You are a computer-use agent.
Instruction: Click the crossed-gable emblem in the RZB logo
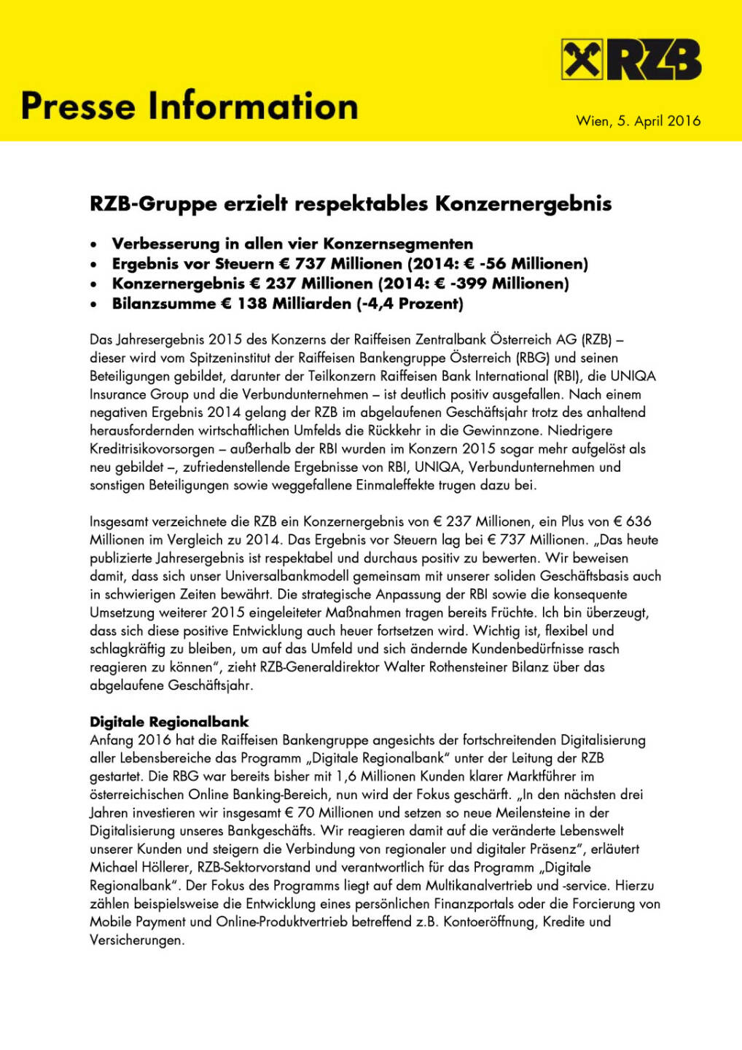pyautogui.click(x=582, y=60)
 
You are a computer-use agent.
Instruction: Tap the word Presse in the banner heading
pyautogui.click(x=79, y=106)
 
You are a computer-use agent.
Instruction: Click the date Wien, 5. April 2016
pyautogui.click(x=638, y=121)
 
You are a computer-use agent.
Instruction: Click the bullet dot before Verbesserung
pyautogui.click(x=94, y=245)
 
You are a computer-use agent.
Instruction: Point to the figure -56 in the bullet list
pyautogui.click(x=495, y=264)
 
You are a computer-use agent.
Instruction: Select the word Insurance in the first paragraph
pyautogui.click(x=119, y=394)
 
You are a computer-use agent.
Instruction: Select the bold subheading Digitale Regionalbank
pyautogui.click(x=169, y=722)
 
